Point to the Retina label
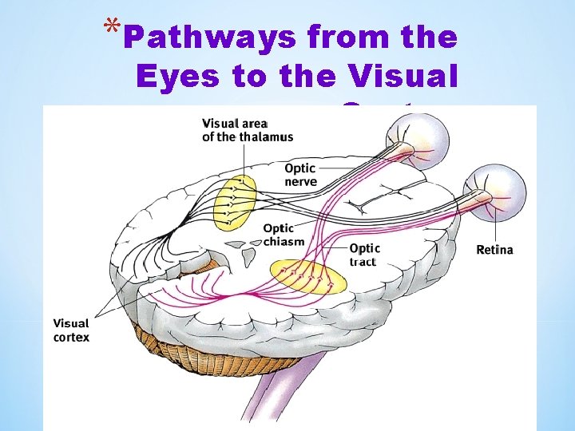494,250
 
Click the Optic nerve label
300,175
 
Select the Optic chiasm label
284,235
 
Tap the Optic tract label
365,255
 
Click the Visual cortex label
71,330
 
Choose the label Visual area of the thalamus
247,130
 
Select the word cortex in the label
71,337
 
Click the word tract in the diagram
363,262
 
